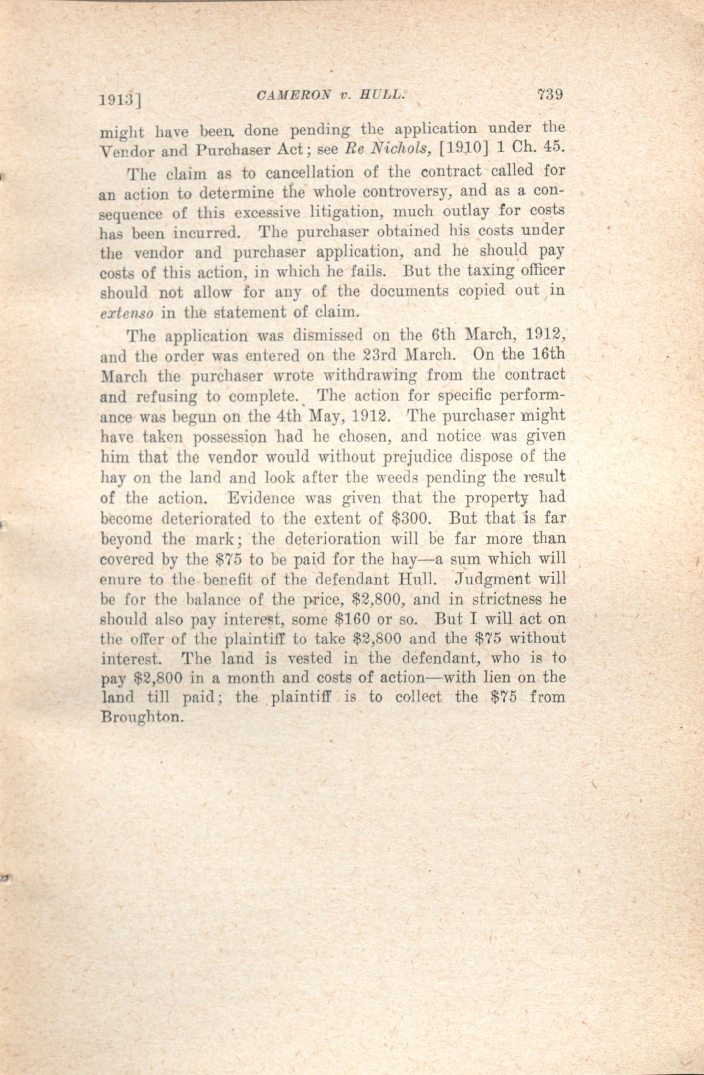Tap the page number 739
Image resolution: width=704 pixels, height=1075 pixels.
[549, 95]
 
